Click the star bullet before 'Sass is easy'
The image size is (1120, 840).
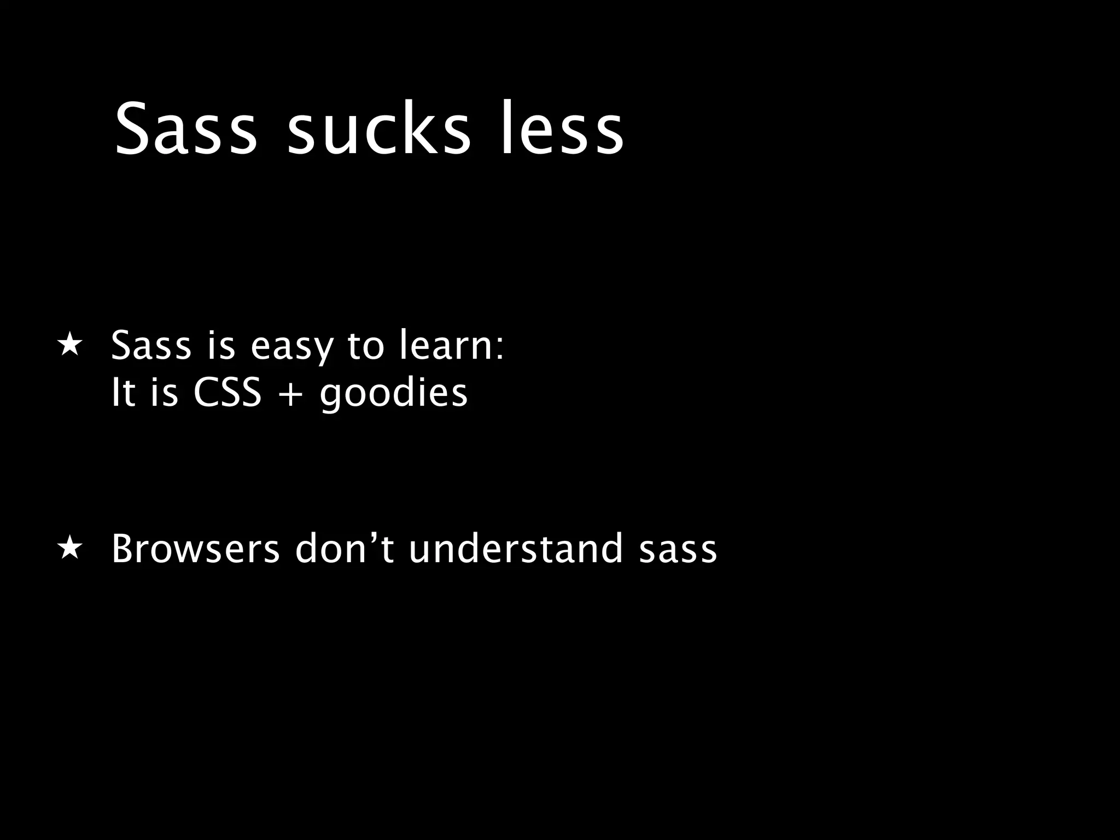[70, 346]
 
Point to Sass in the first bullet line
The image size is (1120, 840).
[151, 346]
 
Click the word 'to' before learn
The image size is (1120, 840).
[366, 346]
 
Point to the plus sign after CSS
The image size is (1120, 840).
[290, 394]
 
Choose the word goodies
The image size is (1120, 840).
[394, 394]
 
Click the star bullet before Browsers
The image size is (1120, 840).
[70, 549]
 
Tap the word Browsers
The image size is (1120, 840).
[195, 549]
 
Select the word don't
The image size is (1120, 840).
[345, 549]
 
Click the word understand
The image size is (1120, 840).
[516, 549]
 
